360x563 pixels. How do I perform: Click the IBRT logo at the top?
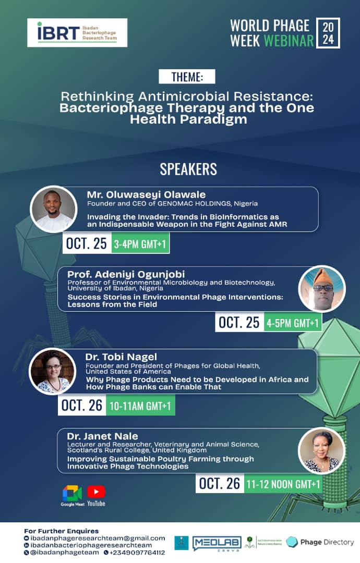coord(77,32)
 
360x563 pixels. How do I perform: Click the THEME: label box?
coord(187,77)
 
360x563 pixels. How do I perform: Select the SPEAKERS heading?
coord(188,169)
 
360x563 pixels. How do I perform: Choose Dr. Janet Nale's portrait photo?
coord(321,450)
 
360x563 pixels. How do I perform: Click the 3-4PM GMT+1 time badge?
coord(140,244)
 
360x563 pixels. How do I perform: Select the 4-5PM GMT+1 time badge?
coord(293,323)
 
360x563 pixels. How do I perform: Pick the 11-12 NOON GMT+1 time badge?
coord(283,484)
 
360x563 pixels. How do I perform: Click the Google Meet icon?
coord(72,493)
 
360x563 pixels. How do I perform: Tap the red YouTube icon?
coord(96,492)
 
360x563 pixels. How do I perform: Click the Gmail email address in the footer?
coord(98,538)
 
